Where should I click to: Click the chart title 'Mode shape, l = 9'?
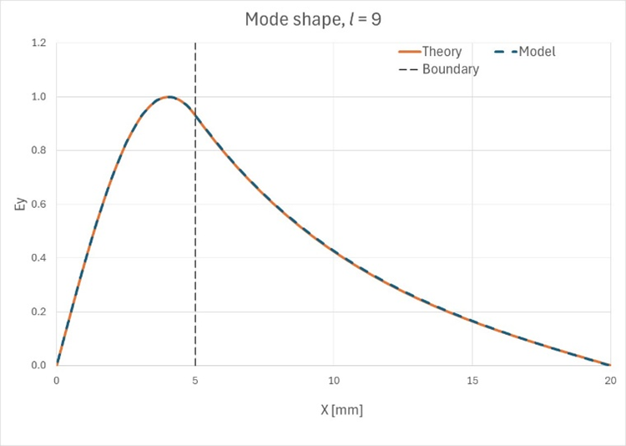[x=313, y=18]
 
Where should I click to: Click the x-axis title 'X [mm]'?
[x=334, y=410]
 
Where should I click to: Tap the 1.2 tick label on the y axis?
[x=38, y=43]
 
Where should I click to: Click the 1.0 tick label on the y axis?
[x=38, y=97]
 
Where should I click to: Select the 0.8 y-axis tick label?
[x=38, y=150]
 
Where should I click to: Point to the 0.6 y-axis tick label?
[x=38, y=204]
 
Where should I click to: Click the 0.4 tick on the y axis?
[x=38, y=258]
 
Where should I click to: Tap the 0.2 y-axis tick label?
[x=38, y=312]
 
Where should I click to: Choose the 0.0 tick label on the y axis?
[x=38, y=365]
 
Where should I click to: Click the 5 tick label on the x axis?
[x=195, y=380]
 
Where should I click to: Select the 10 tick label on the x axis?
[x=334, y=380]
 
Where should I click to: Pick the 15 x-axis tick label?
[x=472, y=380]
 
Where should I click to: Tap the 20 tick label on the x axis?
[x=610, y=380]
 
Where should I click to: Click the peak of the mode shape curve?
[x=169, y=97]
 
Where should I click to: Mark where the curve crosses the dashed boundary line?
[x=195, y=114]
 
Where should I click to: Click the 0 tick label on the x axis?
[x=57, y=380]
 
